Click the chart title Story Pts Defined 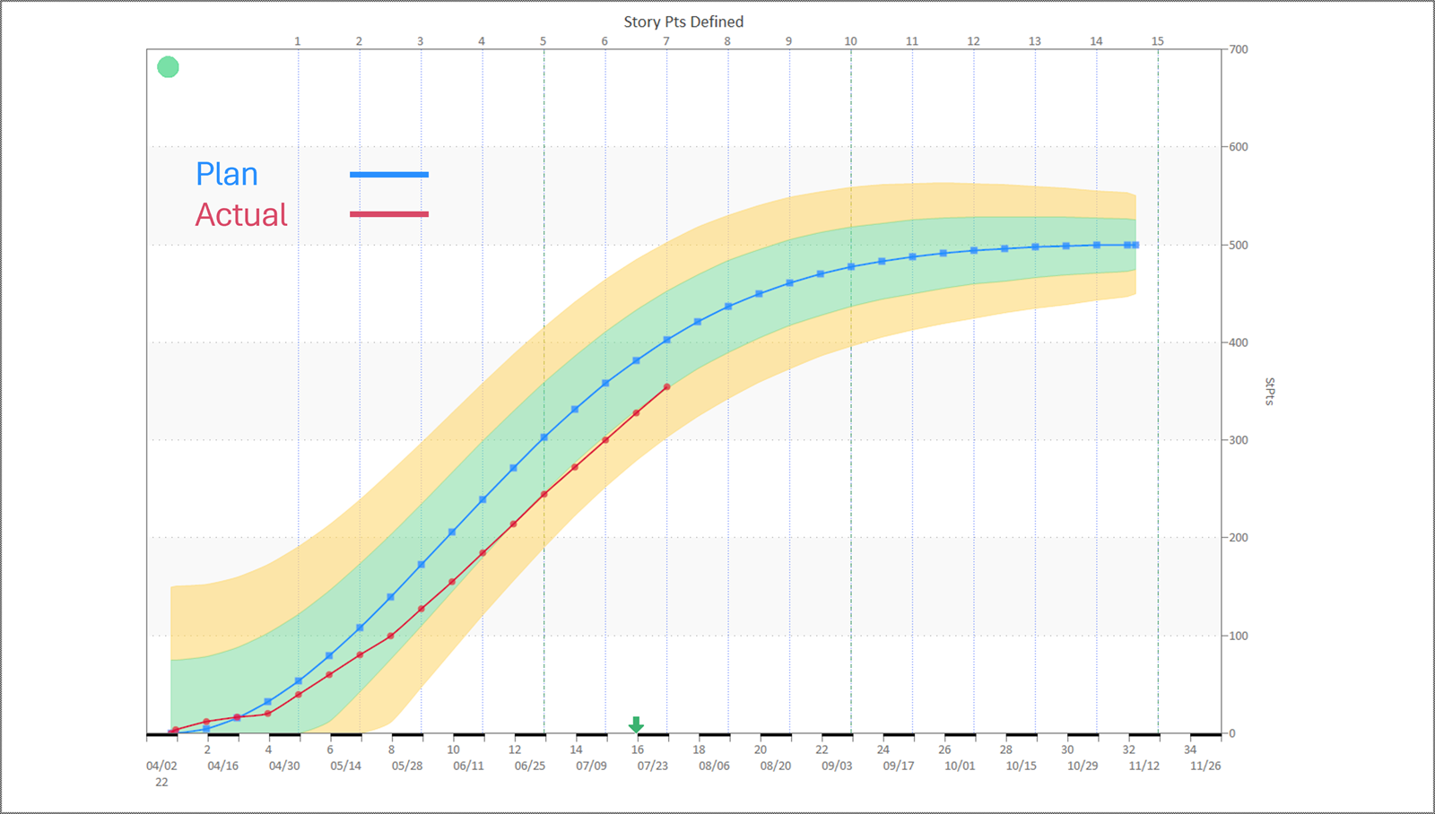coord(683,22)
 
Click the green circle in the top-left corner coord(168,67)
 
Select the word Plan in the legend coord(227,174)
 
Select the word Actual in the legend coord(241,214)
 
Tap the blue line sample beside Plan coord(388,175)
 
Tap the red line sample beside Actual coord(388,214)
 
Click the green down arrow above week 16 coord(636,724)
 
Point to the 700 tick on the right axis coord(1239,49)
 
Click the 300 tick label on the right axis coord(1239,440)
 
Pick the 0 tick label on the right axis coord(1232,733)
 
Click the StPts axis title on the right coord(1269,392)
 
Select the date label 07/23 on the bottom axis coord(652,766)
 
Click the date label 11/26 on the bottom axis coord(1205,766)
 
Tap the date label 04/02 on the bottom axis coord(161,766)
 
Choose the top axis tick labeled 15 coord(1158,41)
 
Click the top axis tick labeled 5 coord(543,41)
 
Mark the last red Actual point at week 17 coord(667,387)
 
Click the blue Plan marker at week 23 coord(851,267)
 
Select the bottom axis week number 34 coord(1190,749)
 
